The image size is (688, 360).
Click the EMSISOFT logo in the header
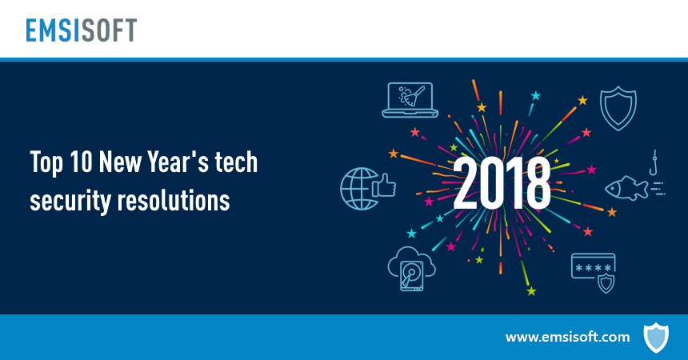pos(79,30)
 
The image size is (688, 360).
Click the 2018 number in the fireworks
pos(502,182)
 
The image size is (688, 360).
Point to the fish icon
pos(624,187)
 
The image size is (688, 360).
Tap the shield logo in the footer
pos(655,337)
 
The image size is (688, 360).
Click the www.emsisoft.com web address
pos(567,337)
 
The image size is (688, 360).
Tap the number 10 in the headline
pos(79,163)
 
